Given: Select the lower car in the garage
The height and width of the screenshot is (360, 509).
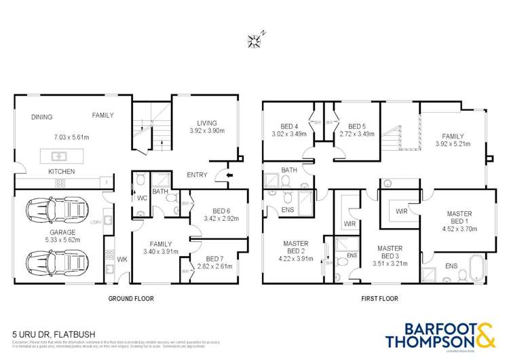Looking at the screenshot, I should [x=58, y=260].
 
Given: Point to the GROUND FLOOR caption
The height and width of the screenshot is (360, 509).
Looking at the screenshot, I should [x=131, y=298].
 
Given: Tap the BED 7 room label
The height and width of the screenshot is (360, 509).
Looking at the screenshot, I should [x=215, y=259].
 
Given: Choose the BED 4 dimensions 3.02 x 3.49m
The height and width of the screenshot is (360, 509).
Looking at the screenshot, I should [x=290, y=134].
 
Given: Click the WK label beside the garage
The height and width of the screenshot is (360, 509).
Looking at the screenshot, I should [x=122, y=259].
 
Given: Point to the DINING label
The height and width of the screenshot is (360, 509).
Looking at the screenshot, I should [x=42, y=117].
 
